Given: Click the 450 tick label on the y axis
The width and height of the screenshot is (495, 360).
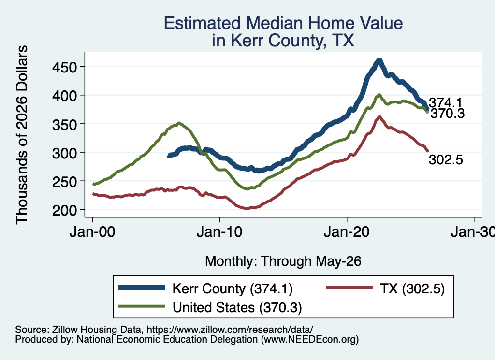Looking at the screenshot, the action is click(65, 67).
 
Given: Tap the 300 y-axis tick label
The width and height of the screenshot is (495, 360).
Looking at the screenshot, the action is click(65, 153).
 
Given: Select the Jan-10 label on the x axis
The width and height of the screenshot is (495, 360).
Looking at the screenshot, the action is click(219, 232).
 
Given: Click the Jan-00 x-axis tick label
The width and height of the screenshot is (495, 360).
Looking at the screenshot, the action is click(92, 232).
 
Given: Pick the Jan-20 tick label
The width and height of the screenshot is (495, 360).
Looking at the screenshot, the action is click(347, 232).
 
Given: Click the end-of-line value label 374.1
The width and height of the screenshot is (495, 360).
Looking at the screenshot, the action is click(445, 102).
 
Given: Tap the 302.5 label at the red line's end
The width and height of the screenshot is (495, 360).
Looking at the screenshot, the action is click(446, 159).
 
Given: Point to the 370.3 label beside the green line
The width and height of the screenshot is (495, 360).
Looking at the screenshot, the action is click(448, 113).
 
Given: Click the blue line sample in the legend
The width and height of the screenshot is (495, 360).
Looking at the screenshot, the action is click(142, 288).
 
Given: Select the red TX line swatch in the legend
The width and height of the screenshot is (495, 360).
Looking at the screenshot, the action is click(349, 288).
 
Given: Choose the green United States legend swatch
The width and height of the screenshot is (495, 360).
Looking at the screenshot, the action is click(142, 306).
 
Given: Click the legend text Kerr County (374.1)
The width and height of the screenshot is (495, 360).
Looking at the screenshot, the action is click(233, 288).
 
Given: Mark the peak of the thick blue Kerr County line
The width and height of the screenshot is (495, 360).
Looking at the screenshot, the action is click(379, 60).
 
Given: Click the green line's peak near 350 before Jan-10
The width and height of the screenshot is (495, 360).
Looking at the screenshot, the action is click(179, 123).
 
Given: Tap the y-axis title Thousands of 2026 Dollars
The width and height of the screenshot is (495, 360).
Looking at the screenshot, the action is click(22, 135).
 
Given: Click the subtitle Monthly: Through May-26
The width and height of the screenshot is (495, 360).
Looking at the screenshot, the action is click(283, 261).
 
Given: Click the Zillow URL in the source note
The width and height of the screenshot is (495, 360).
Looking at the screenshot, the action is click(230, 330).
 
